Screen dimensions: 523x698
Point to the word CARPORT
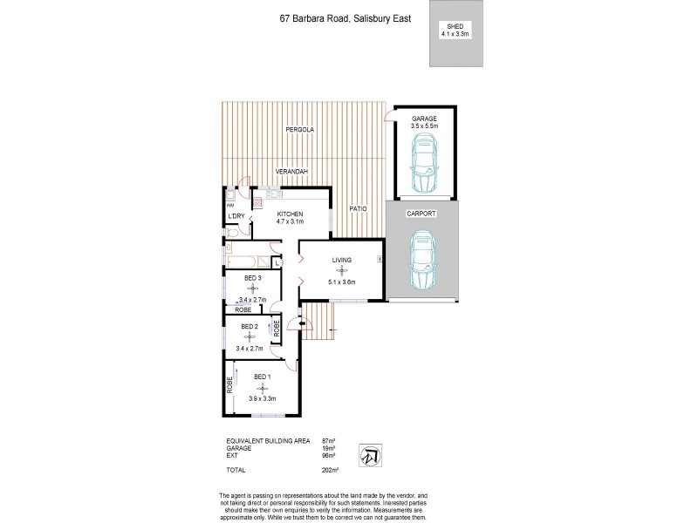[x=421, y=214]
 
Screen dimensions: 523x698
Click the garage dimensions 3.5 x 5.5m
[x=424, y=126]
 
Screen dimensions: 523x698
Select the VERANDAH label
[x=292, y=172]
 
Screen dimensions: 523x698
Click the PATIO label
[x=358, y=209]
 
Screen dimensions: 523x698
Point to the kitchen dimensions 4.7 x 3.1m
[x=290, y=222]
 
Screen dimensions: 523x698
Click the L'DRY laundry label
[x=235, y=216]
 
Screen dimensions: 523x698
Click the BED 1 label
[x=263, y=377]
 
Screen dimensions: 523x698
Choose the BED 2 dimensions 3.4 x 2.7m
[x=250, y=348]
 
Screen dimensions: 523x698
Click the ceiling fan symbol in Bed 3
[x=253, y=288]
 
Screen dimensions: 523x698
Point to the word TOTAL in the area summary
[x=236, y=470]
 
